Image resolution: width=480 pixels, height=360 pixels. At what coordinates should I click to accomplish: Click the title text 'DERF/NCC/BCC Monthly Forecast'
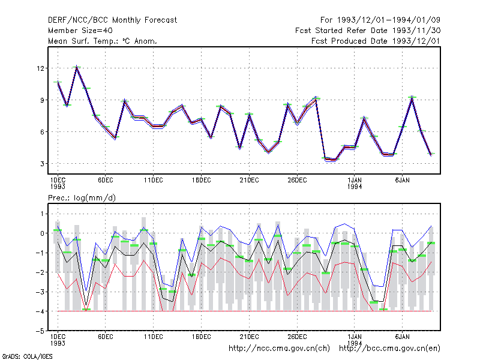(x=112, y=20)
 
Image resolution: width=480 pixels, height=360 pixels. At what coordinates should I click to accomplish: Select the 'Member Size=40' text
(x=80, y=31)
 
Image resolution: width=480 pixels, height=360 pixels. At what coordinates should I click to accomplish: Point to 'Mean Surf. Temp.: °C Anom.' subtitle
(x=103, y=41)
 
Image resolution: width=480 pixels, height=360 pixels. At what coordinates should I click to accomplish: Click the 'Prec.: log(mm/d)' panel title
(x=82, y=198)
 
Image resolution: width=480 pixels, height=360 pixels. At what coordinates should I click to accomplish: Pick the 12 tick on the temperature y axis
(x=40, y=68)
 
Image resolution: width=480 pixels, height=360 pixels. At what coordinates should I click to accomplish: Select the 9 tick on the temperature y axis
(x=42, y=100)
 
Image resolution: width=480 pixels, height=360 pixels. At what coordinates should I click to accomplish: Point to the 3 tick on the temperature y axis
(x=42, y=164)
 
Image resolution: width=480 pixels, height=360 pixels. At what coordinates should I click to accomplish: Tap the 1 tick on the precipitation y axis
(x=42, y=214)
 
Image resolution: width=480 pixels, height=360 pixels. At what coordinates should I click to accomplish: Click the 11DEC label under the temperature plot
(x=154, y=181)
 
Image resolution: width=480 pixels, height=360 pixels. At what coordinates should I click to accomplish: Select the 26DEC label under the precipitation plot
(x=297, y=337)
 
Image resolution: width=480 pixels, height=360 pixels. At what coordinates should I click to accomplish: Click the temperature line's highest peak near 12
(x=77, y=67)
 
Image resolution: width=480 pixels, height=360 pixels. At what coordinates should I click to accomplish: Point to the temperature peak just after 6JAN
(x=412, y=97)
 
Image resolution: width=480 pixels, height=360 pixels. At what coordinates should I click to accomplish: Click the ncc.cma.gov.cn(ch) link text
(x=279, y=349)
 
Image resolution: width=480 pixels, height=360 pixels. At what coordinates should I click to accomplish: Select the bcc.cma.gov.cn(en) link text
(x=389, y=349)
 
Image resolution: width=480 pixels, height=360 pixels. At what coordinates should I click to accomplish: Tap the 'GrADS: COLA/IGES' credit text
(x=27, y=356)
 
